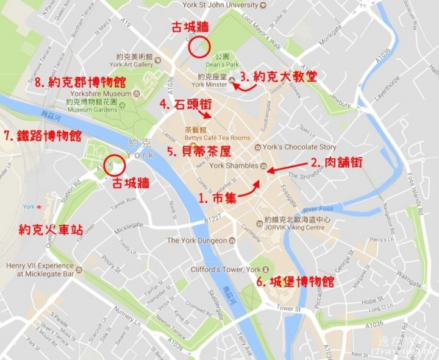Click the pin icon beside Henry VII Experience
(79, 269)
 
